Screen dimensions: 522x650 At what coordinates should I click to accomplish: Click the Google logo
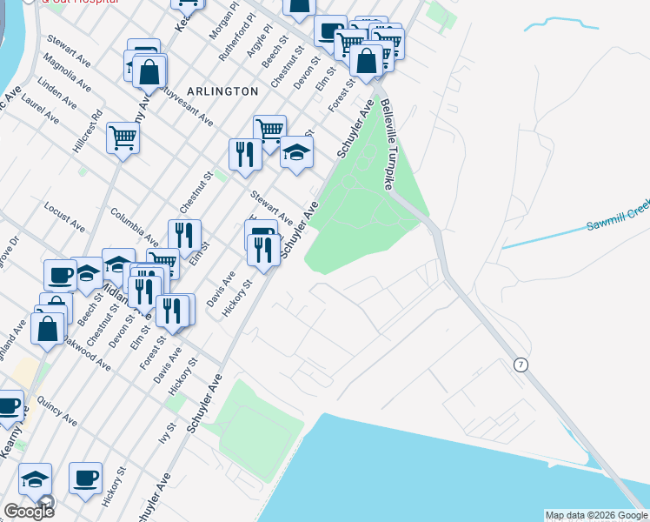tap(29, 512)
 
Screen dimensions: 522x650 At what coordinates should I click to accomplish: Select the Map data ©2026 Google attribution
tap(595, 515)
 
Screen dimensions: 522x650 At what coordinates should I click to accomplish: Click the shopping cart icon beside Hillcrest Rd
tap(123, 137)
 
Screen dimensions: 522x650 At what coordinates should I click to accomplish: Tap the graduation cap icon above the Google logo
tap(36, 479)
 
